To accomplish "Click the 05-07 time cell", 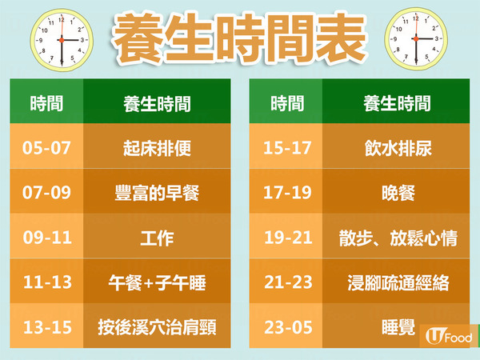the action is pos(46,146).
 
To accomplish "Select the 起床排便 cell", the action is pos(157,146).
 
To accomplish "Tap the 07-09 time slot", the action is pos(46,191).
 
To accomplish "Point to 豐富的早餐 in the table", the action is pos(157,191).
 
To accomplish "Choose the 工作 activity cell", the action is pos(157,236).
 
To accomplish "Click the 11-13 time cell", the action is pos(46,281).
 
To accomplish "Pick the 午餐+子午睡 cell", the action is pos(157,281).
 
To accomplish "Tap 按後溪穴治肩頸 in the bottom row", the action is pos(157,326).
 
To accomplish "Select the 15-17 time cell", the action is pos(286,146).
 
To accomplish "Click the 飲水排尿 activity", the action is pos(396,146).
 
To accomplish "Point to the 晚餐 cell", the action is pos(396,191).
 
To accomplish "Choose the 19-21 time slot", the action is pos(286,236).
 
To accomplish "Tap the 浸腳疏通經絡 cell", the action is pos(396,281).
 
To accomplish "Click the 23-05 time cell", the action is pos(286,326).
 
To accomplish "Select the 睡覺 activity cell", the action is pos(396,326).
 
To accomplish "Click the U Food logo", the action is pos(449,336).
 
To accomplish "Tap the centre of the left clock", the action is pos(62,40).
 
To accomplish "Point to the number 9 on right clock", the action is pos(395,39).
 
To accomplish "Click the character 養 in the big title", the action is pos(139,38).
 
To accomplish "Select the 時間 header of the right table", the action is pos(287,103).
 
